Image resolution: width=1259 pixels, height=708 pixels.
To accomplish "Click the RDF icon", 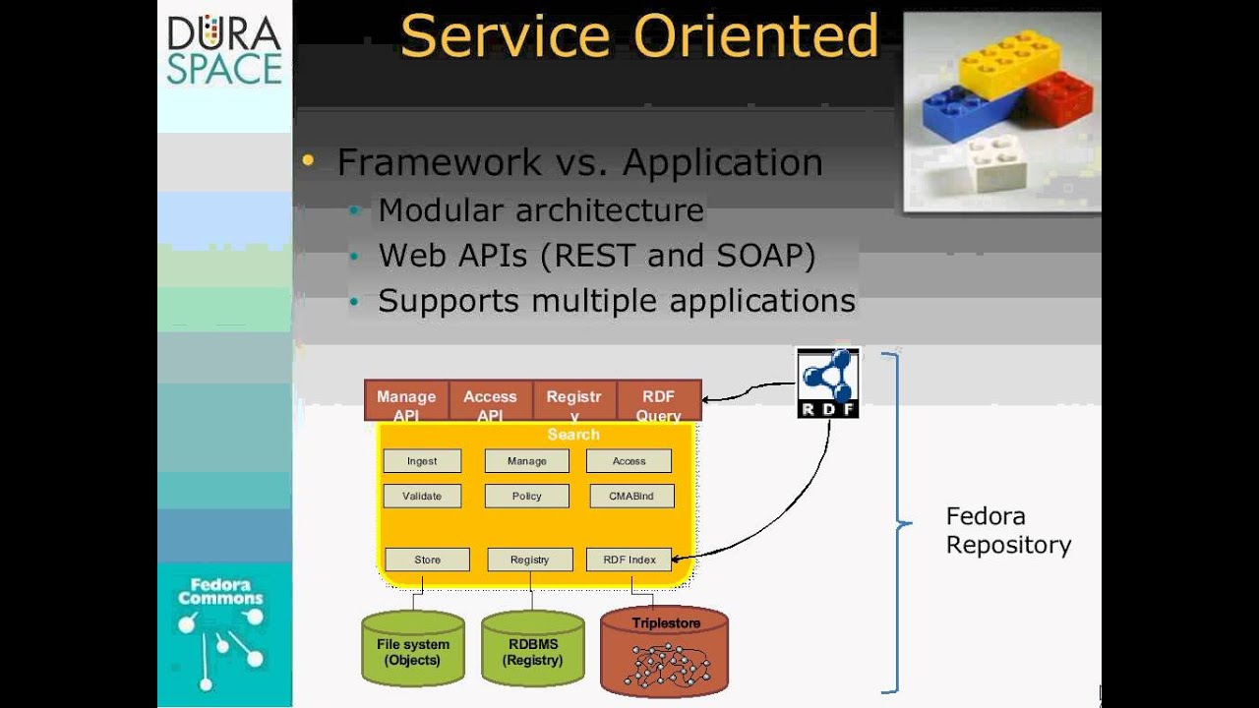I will tap(827, 383).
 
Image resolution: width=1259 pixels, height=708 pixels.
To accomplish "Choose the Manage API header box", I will tap(406, 402).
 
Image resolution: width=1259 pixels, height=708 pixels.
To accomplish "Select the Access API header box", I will tap(490, 402).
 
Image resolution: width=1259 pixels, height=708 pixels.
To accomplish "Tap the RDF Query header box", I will tap(658, 402).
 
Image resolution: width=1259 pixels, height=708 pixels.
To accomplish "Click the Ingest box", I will tap(422, 461).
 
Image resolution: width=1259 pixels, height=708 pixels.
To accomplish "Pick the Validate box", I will tap(422, 497).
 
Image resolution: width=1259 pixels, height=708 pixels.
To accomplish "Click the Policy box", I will tap(527, 497).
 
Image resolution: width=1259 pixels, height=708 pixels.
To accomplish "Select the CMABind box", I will tap(631, 497).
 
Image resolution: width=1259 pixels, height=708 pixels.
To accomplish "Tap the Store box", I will tap(428, 560).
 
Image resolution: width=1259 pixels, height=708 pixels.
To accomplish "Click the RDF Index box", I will tap(629, 560).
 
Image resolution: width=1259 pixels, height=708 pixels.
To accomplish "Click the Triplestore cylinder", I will tap(665, 650).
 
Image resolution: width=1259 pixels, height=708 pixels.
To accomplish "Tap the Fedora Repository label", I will tap(1008, 531).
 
